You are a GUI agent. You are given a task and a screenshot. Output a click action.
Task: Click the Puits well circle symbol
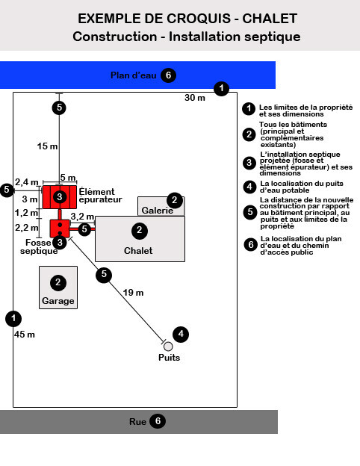[168, 347]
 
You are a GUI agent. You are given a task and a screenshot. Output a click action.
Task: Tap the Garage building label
[58, 301]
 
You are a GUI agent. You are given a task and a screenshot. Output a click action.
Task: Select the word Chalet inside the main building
[138, 250]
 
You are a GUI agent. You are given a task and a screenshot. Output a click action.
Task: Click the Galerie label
[158, 211]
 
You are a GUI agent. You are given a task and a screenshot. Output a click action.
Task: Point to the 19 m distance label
[133, 293]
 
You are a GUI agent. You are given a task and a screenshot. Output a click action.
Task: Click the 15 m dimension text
[47, 146]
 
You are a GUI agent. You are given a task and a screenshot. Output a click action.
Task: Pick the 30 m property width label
[195, 98]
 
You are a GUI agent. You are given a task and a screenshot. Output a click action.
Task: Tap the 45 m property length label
[25, 335]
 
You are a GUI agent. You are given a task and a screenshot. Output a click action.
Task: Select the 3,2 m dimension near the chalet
[82, 217]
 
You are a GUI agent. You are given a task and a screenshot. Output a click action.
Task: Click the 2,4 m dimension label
[27, 182]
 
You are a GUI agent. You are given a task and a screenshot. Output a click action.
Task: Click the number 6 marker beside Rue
[158, 421]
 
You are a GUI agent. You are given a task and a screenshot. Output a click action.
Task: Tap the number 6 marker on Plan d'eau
[168, 75]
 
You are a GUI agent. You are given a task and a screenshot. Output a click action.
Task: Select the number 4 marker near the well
[181, 334]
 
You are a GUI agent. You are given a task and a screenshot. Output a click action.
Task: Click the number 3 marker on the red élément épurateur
[60, 196]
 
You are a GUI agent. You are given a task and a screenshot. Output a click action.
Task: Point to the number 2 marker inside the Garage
[58, 282]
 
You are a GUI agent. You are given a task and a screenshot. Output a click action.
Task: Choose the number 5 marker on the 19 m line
[104, 274]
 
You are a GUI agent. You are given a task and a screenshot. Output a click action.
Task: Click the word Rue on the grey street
[137, 421]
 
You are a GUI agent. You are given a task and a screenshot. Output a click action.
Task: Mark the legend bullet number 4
[249, 187]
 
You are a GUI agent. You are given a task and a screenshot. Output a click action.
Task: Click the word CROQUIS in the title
[198, 19]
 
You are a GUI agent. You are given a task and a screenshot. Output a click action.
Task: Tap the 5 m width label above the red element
[68, 178]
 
